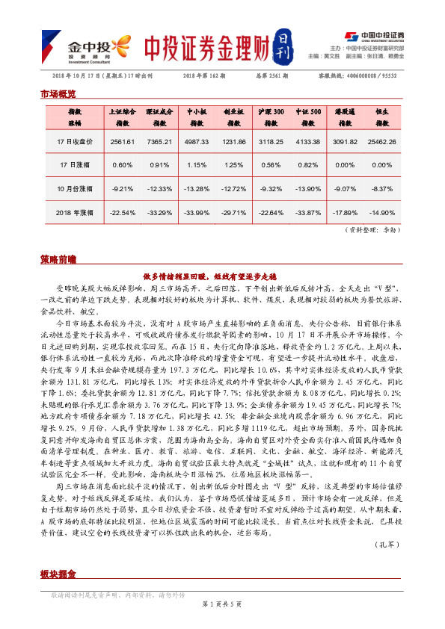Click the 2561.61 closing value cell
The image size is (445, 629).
coord(121,141)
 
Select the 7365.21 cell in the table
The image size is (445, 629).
coord(159,141)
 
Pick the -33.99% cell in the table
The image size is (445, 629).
coord(197,213)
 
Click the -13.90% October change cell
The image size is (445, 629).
coord(308,189)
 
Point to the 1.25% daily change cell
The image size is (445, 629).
coord(234,165)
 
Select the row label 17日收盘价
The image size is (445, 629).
coord(75,141)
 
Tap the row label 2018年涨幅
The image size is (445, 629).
coord(75,213)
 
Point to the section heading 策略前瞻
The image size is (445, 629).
coord(58,259)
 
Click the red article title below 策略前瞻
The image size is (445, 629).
coord(221,275)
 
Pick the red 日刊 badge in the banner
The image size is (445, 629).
coord(280,46)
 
